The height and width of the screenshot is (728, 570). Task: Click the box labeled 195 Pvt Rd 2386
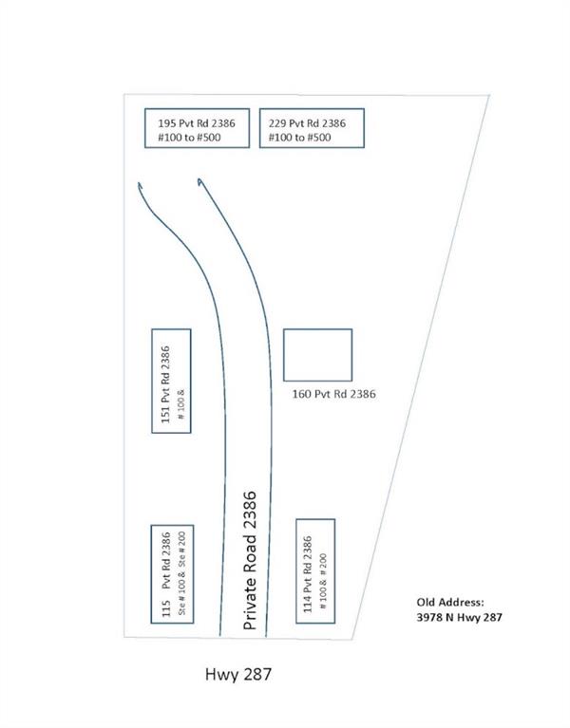tap(198, 128)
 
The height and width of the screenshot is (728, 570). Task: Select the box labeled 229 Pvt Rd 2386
tap(311, 128)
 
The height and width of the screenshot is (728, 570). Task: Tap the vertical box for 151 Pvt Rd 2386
tap(172, 381)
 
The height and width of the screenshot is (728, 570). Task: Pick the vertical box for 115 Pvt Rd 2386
tap(172, 573)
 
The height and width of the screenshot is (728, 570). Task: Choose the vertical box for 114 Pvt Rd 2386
tap(315, 570)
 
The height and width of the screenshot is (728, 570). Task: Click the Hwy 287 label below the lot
tap(239, 676)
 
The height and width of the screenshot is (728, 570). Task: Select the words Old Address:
tap(450, 602)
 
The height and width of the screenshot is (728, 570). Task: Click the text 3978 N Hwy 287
tap(460, 618)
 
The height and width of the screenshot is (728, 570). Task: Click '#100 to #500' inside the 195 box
tap(190, 138)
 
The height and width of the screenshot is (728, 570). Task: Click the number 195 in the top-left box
tap(167, 121)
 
